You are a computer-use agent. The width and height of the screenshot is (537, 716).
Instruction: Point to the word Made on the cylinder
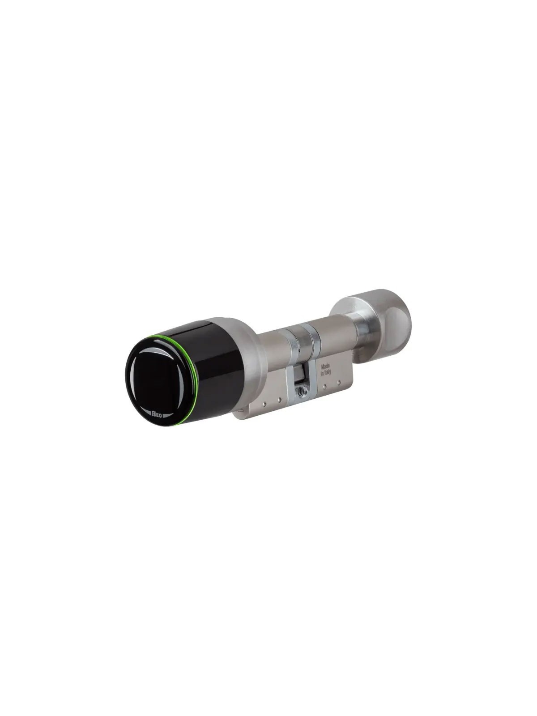(325, 366)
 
